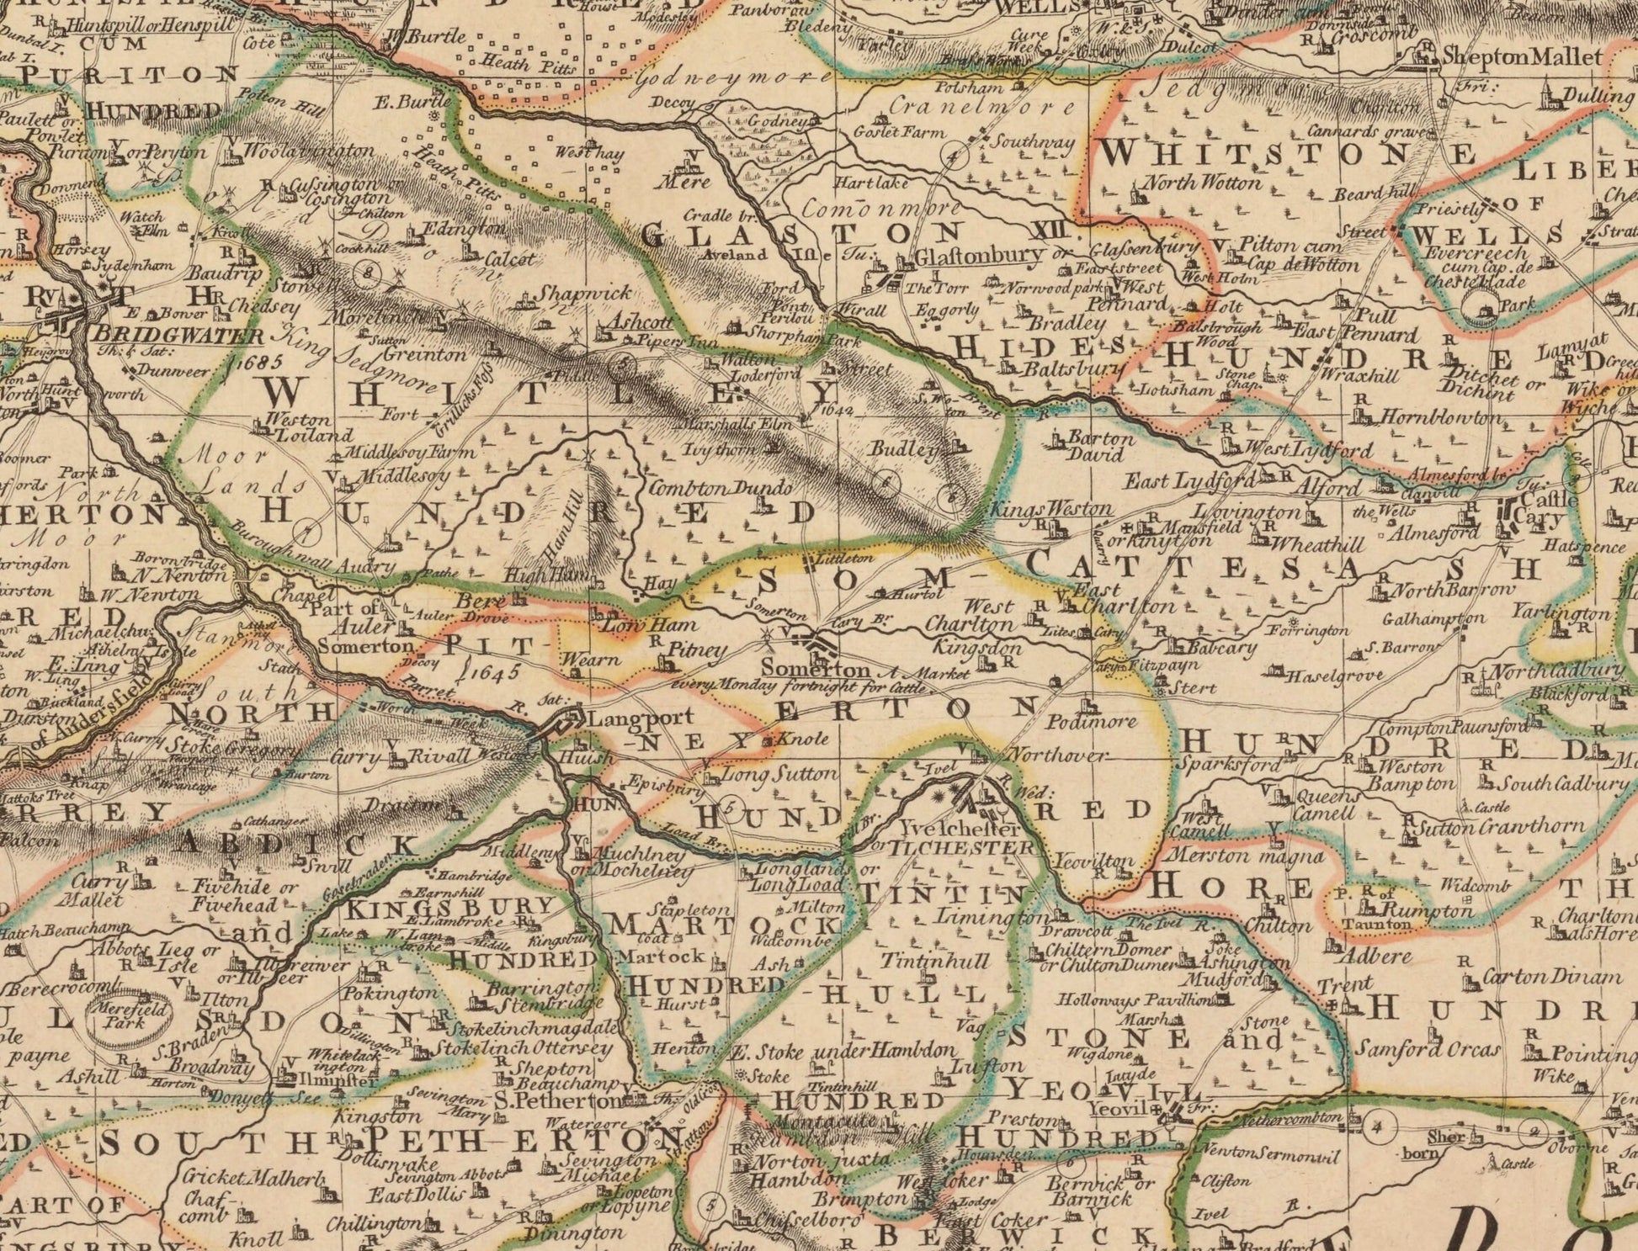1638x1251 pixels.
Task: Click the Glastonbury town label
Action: point(979,255)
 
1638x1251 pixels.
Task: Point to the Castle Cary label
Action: point(1540,506)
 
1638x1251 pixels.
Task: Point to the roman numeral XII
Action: point(1050,231)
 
